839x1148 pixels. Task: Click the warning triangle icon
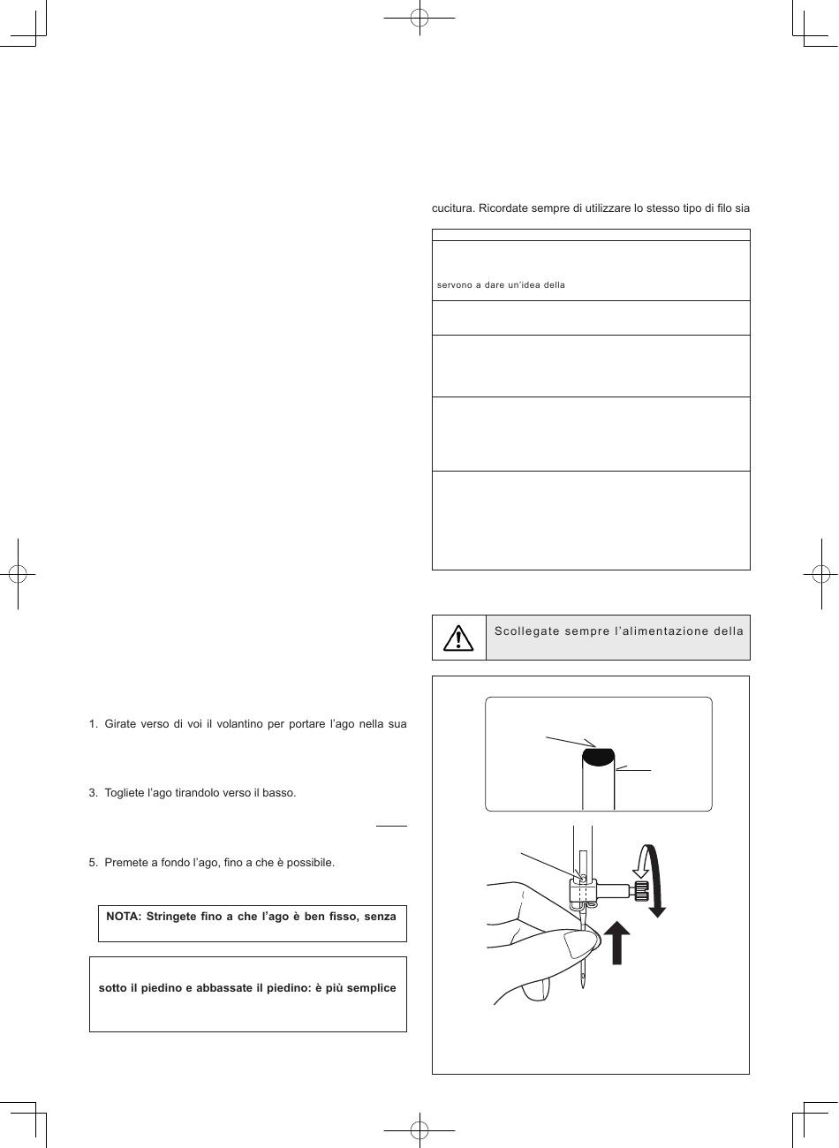[458, 638]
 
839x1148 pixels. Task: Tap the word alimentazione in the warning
[665, 631]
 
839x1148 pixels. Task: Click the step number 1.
[93, 724]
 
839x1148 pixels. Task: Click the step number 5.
[93, 863]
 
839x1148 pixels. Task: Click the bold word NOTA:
[124, 917]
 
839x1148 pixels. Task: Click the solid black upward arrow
[617, 942]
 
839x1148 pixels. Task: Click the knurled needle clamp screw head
[642, 890]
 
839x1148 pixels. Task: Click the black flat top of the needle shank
[598, 757]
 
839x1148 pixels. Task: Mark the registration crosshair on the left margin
[18, 574]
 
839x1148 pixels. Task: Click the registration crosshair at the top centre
[419, 18]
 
